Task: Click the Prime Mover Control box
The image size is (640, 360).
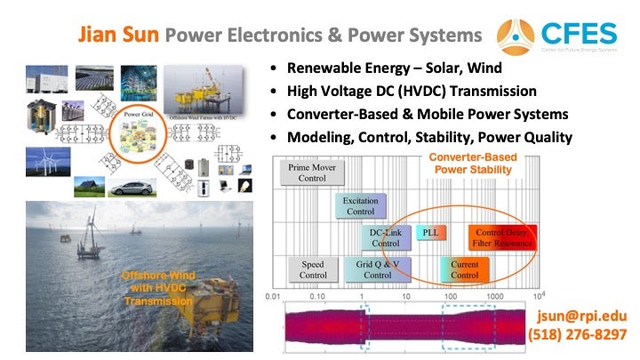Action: pyautogui.click(x=312, y=172)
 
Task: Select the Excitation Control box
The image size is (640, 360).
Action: pyautogui.click(x=360, y=205)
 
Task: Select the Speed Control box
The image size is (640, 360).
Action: pyautogui.click(x=312, y=269)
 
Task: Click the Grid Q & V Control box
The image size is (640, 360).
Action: pyautogui.click(x=378, y=269)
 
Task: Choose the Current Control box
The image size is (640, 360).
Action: pyautogui.click(x=464, y=269)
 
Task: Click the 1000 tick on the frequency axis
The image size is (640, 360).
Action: pyautogui.click(x=494, y=295)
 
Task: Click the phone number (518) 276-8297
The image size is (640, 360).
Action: pyautogui.click(x=578, y=335)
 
